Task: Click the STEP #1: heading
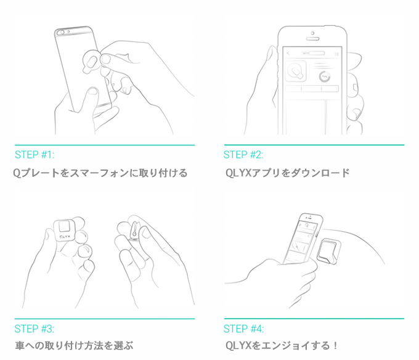click(x=35, y=155)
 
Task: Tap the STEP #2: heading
click(x=243, y=155)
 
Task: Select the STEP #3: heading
click(x=35, y=329)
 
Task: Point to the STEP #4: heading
click(x=243, y=329)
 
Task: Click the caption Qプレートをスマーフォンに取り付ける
click(x=100, y=173)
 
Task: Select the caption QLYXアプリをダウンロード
click(x=288, y=173)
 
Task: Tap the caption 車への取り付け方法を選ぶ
click(x=74, y=346)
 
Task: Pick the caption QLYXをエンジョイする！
click(x=282, y=346)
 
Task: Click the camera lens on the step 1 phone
click(x=62, y=33)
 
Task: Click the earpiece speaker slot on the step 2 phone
click(x=312, y=39)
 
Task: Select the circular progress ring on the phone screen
click(x=325, y=76)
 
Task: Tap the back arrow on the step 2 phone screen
click(x=288, y=53)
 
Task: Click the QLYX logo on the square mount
click(x=65, y=237)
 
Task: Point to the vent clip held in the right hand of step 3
click(x=134, y=230)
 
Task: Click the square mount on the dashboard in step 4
click(x=328, y=252)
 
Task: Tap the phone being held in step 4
click(x=303, y=239)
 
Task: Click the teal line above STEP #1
click(x=105, y=145)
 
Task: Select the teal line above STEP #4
click(x=314, y=319)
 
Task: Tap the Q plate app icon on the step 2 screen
click(x=296, y=71)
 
